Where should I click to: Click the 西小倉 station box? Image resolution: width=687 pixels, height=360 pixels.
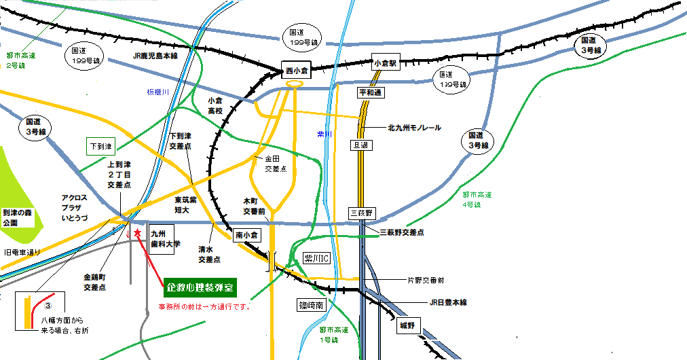coord(296,70)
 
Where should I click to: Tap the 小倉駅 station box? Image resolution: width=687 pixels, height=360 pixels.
coord(384,62)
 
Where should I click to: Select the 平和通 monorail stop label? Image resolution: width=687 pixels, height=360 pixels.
coord(371,92)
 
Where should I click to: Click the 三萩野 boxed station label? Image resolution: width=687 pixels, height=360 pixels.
coord(362,213)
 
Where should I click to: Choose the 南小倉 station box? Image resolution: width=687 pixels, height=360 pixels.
coord(248,235)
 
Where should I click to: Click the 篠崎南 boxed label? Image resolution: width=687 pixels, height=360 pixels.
coord(312,305)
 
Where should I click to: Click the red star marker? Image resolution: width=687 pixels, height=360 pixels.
coord(137,232)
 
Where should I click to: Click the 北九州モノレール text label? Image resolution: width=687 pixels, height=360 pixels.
coord(414,127)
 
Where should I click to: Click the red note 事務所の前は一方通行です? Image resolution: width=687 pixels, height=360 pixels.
coord(206,306)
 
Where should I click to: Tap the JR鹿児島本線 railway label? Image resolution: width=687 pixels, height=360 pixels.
coord(155,56)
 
